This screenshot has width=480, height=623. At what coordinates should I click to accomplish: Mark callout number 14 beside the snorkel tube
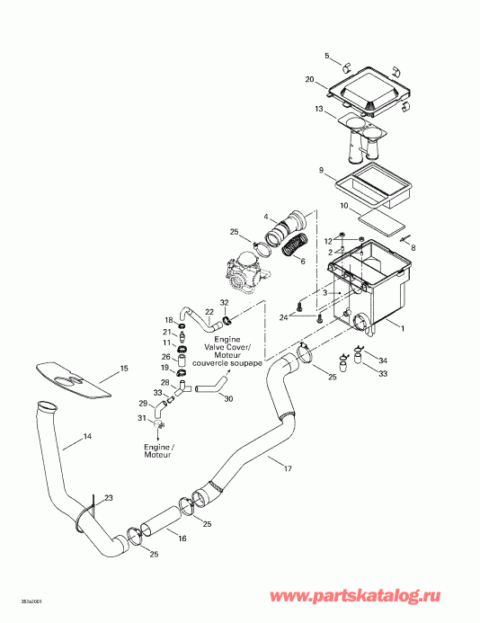pyautogui.click(x=87, y=437)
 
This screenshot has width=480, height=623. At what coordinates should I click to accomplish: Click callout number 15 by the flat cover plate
pyautogui.click(x=124, y=369)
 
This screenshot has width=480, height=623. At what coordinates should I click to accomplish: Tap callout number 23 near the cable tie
pyautogui.click(x=109, y=498)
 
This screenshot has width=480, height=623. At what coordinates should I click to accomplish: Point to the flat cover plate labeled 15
pyautogui.click(x=76, y=378)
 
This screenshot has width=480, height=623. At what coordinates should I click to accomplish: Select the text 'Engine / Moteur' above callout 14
pyautogui.click(x=161, y=449)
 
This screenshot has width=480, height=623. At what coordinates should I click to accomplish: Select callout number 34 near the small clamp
pyautogui.click(x=383, y=359)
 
